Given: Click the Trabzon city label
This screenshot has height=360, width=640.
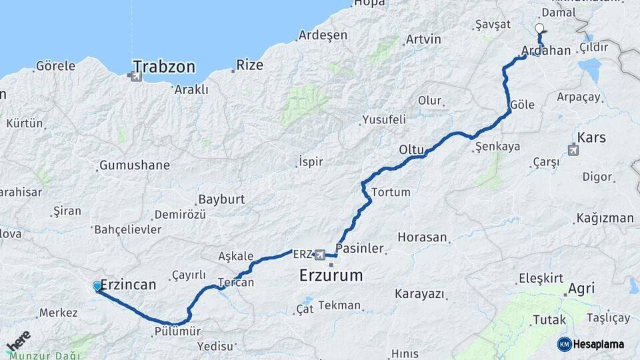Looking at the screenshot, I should pyautogui.click(x=164, y=67).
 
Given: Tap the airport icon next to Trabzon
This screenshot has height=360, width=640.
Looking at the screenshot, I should pyautogui.click(x=137, y=76).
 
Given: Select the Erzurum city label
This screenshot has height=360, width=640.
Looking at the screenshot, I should pyautogui.click(x=331, y=275).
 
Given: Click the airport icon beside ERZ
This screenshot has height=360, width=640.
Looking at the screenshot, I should pyautogui.click(x=320, y=255).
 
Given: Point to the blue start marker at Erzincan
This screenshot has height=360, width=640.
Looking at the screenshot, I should pyautogui.click(x=97, y=287).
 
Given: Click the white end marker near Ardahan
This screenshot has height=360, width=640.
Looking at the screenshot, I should pyautogui.click(x=539, y=29).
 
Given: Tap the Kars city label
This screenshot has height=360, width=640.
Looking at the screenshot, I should pyautogui.click(x=591, y=137).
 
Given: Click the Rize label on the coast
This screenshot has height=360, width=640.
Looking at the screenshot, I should pyautogui.click(x=250, y=65).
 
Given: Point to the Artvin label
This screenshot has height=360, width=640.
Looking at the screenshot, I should pyautogui.click(x=423, y=39).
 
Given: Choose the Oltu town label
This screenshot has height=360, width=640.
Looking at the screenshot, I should pyautogui.click(x=411, y=149).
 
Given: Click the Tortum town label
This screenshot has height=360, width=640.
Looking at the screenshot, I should pyautogui.click(x=391, y=193).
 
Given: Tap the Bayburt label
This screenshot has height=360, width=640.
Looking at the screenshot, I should pyautogui.click(x=221, y=199).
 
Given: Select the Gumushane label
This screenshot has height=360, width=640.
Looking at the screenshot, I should pyautogui.click(x=134, y=165).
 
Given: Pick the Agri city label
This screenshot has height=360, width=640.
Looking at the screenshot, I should pyautogui.click(x=581, y=289).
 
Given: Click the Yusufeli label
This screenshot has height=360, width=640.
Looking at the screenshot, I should pyautogui.click(x=383, y=120).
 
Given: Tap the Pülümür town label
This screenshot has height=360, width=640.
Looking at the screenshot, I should pyautogui.click(x=176, y=331).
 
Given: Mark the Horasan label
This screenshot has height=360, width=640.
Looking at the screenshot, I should pyautogui.click(x=421, y=237).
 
